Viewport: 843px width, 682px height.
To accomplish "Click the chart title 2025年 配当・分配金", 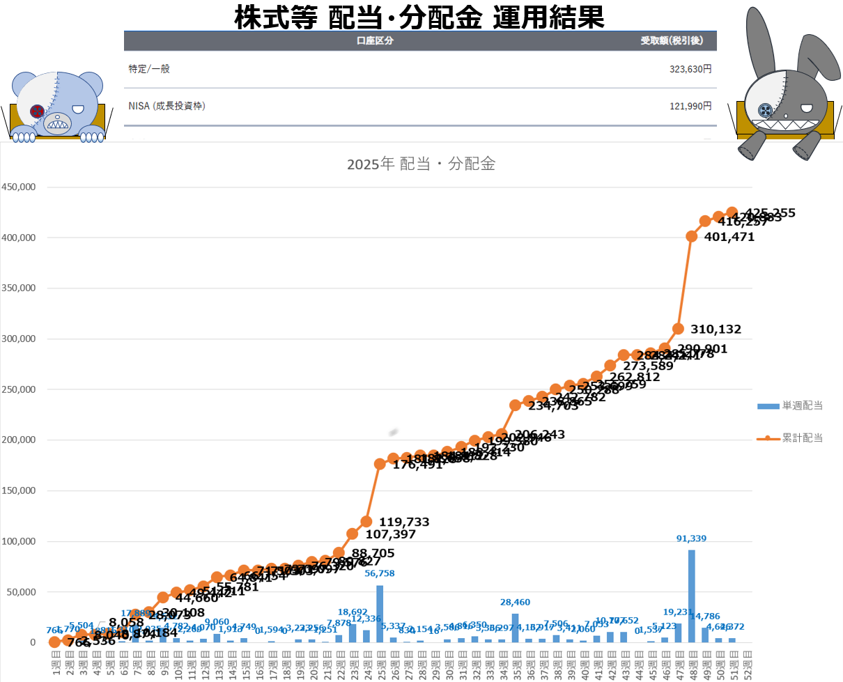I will [421, 165].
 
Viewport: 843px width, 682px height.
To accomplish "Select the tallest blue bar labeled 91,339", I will [692, 596].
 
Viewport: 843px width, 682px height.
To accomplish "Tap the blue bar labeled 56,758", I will [380, 613].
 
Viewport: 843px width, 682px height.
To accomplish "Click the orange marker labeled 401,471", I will [692, 236].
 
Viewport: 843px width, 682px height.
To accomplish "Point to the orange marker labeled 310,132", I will [678, 329].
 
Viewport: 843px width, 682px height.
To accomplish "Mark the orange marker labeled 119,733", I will [366, 521].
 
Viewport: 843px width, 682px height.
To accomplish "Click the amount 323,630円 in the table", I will [689, 69].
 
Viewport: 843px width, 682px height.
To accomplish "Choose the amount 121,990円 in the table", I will [689, 106].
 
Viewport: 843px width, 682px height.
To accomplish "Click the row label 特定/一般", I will [149, 69].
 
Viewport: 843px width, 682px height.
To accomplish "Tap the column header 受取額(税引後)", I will [672, 40].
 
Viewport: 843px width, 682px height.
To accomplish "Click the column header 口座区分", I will [375, 40].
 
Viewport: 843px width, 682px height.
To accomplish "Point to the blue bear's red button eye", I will [37, 111].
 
